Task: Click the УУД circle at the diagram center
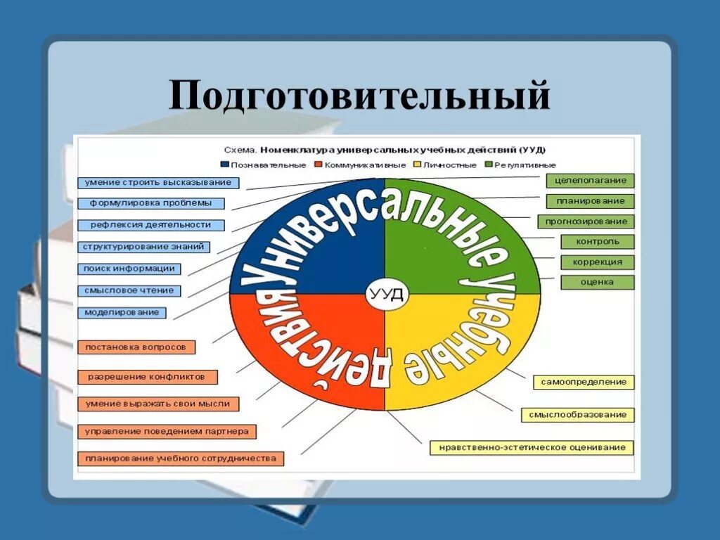pyautogui.click(x=385, y=295)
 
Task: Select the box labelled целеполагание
pyautogui.click(x=590, y=181)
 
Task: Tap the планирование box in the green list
pyautogui.click(x=590, y=201)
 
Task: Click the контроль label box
pyautogui.click(x=598, y=242)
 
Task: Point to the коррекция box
pyautogui.click(x=598, y=262)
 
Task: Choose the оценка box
pyautogui.click(x=598, y=282)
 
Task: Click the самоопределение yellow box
pyautogui.click(x=584, y=382)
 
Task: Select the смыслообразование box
pyautogui.click(x=578, y=415)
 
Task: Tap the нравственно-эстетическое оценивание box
pyautogui.click(x=532, y=447)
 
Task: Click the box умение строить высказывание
pyautogui.click(x=158, y=183)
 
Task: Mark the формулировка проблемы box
pyautogui.click(x=150, y=203)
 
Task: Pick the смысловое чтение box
pyautogui.click(x=128, y=290)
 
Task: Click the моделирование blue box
pyautogui.click(x=122, y=312)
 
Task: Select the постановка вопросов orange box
pyautogui.click(x=136, y=347)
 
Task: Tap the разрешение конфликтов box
pyautogui.click(x=146, y=377)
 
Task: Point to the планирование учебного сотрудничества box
pyautogui.click(x=181, y=458)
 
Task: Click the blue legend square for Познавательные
pyautogui.click(x=225, y=165)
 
